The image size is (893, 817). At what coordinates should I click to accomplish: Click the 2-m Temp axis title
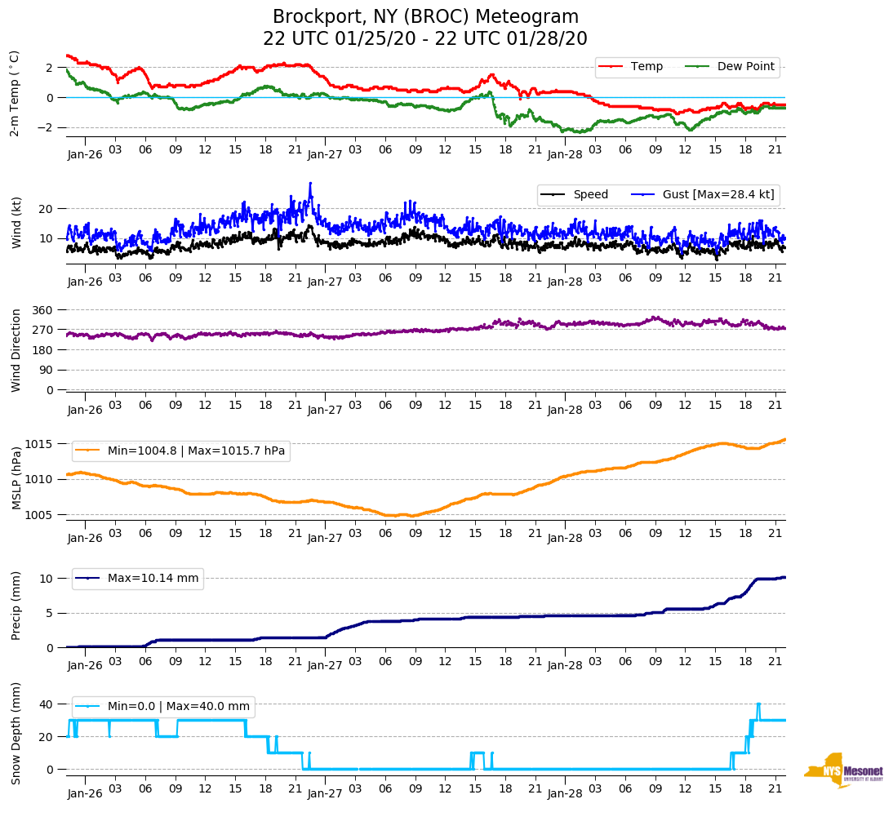(14, 94)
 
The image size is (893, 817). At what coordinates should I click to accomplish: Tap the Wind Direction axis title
(16, 350)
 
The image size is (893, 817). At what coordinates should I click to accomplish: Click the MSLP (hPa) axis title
(16, 477)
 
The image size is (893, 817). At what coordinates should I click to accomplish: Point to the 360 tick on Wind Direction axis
(43, 310)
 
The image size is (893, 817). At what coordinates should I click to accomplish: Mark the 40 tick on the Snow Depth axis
(47, 704)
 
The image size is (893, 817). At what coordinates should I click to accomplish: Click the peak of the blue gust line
(310, 184)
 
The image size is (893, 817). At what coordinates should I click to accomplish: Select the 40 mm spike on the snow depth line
(758, 704)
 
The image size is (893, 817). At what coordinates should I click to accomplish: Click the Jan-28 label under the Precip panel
(565, 666)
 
